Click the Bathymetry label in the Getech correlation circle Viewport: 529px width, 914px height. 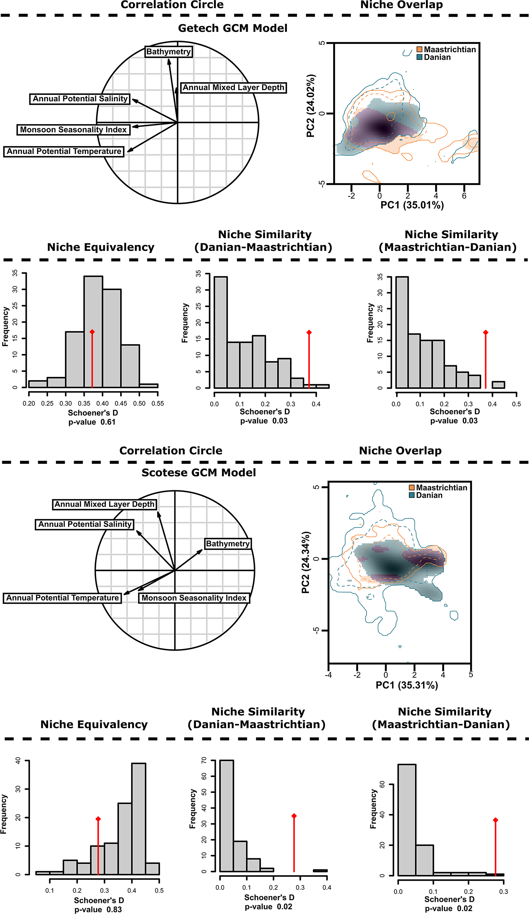coord(168,51)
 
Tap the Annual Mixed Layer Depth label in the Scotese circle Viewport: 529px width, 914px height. coord(105,504)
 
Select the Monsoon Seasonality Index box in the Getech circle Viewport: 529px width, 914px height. coord(73,130)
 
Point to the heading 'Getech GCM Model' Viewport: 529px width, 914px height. coord(232,28)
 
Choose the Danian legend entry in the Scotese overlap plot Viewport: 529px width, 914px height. coord(429,495)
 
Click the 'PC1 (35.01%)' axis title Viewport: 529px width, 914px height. coord(412,205)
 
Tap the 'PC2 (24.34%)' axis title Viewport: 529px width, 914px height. coord(306,562)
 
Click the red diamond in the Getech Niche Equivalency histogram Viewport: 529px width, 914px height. coord(92,332)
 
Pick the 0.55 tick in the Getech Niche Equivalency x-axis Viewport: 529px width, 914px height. coord(158,403)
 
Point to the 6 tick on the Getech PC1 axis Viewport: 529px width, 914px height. coord(464,196)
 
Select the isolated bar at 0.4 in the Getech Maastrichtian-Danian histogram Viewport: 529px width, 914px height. coord(498,385)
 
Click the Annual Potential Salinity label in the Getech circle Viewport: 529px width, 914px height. coord(80,99)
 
